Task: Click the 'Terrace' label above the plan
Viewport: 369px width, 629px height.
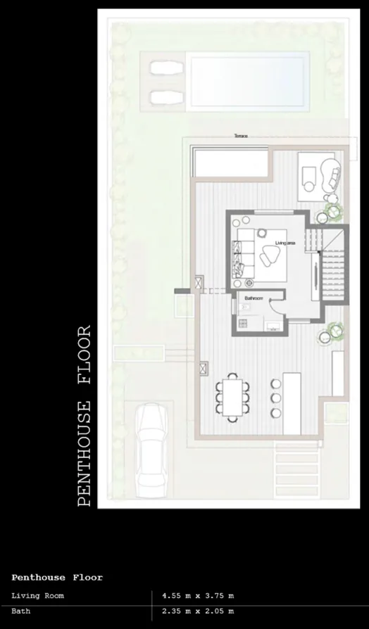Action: [242, 136]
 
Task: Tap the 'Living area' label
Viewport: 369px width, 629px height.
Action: [285, 243]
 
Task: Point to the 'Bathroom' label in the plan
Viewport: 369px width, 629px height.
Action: [254, 299]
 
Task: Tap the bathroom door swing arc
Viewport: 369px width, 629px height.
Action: [275, 307]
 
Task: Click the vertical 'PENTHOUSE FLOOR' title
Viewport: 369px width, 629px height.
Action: [85, 415]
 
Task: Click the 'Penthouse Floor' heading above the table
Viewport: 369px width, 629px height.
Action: [57, 578]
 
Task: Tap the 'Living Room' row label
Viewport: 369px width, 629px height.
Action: [37, 596]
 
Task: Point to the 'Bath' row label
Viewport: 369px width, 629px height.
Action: [20, 611]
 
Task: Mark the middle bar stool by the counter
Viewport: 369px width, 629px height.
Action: [275, 398]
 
